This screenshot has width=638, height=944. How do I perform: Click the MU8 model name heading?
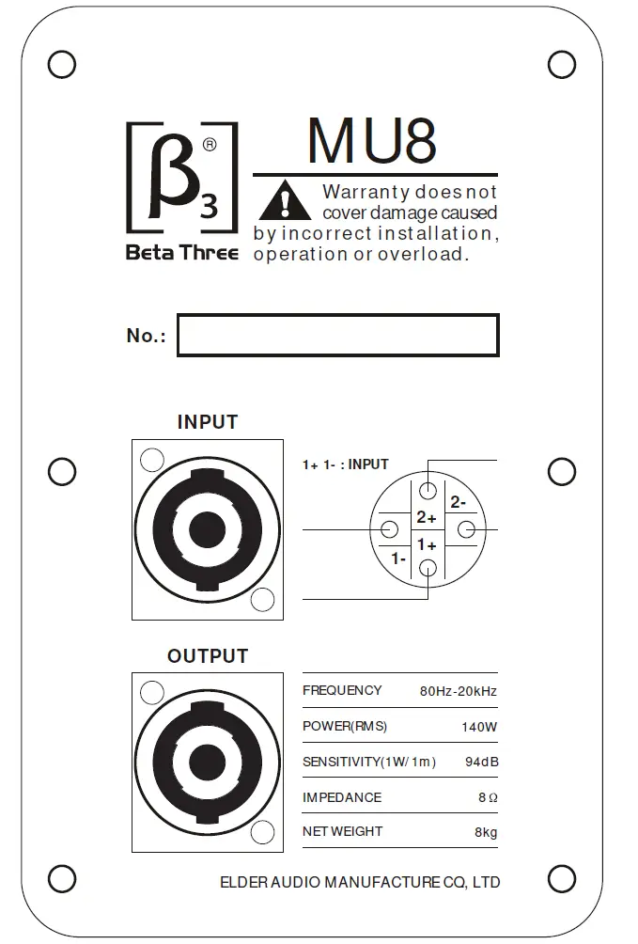tap(372, 141)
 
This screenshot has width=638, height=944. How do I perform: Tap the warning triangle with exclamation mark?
tap(284, 201)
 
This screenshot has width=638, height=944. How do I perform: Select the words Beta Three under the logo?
tap(181, 253)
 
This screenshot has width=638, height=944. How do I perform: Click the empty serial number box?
tap(337, 336)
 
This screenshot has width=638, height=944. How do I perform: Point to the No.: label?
tap(146, 336)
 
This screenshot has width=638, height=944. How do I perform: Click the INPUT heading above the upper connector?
tap(208, 422)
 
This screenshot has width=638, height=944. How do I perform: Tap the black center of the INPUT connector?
tap(208, 530)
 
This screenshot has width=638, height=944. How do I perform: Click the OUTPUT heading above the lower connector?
tap(208, 656)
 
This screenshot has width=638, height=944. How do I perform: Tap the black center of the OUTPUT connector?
tap(208, 763)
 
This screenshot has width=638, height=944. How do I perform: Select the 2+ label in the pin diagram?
tap(427, 517)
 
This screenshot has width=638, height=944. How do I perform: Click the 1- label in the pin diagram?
tap(398, 559)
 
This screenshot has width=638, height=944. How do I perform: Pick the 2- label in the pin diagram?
tap(458, 502)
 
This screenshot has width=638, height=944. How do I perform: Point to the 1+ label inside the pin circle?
tap(427, 544)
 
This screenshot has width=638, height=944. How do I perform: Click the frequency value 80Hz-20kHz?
tap(458, 692)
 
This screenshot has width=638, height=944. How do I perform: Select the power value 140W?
tap(479, 727)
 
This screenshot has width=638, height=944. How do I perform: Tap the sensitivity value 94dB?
tap(481, 762)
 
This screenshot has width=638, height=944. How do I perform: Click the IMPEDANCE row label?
tap(342, 797)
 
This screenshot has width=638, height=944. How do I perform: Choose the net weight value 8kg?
tap(486, 832)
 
